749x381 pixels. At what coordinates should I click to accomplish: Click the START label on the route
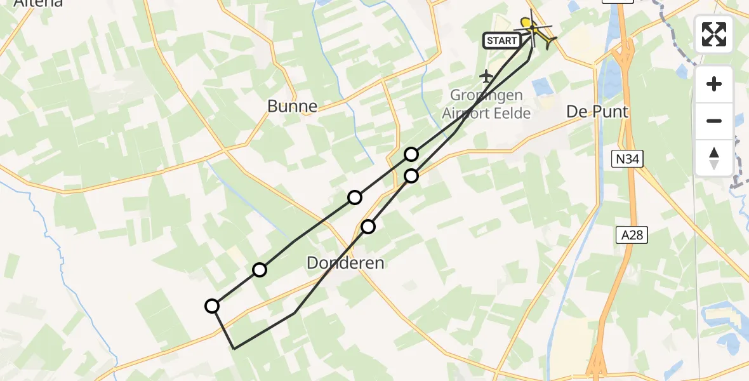tap(501, 41)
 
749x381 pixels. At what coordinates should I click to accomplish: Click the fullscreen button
tap(714, 34)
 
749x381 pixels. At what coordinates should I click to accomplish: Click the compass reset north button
tap(714, 158)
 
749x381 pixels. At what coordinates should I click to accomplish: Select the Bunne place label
tap(292, 106)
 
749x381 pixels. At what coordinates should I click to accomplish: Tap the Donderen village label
tap(345, 262)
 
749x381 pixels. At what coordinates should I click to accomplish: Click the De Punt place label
tap(597, 112)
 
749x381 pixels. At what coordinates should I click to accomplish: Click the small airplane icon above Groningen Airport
tap(487, 77)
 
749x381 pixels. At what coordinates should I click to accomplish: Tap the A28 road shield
tap(632, 236)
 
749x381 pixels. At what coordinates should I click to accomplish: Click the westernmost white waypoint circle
tap(212, 306)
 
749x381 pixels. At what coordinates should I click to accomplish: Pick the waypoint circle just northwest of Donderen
tap(260, 270)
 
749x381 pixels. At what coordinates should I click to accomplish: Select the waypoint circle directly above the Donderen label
tap(368, 226)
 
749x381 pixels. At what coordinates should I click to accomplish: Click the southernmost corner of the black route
tap(235, 349)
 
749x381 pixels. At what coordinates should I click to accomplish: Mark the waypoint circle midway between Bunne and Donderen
tap(355, 197)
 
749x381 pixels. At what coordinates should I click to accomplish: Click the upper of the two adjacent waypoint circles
tap(412, 154)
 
